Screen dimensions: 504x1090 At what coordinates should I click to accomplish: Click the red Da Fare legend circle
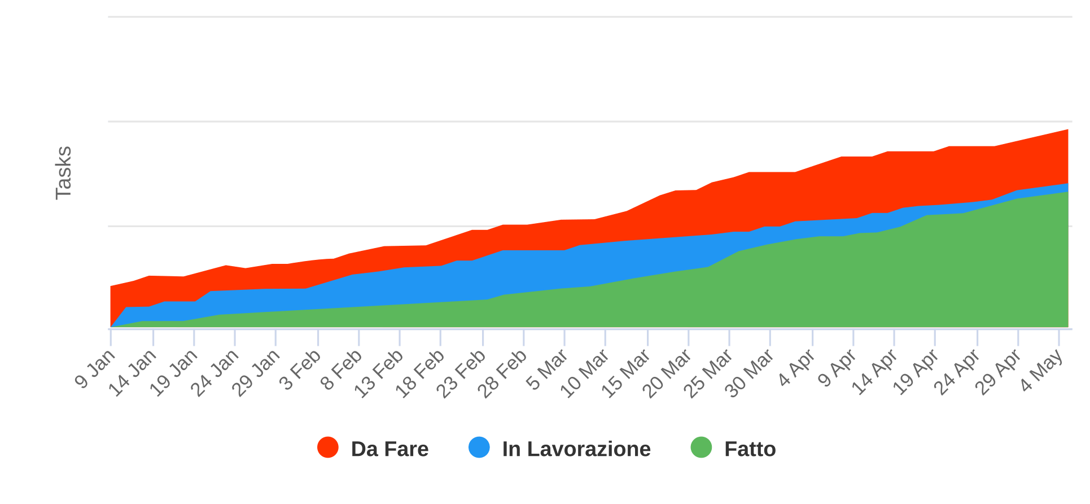click(328, 447)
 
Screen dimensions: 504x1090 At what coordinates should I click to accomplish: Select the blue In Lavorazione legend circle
click(479, 447)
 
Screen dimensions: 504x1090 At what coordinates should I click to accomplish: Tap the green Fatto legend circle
click(701, 447)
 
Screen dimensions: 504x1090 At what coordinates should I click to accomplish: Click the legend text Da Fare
click(389, 449)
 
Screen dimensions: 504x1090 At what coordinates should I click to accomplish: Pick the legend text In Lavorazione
click(576, 449)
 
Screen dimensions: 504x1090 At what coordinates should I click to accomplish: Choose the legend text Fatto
click(750, 449)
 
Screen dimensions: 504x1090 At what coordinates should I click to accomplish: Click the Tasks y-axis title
click(64, 172)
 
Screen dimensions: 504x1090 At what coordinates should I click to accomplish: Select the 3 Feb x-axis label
click(301, 370)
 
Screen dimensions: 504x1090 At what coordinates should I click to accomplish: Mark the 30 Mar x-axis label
click(750, 373)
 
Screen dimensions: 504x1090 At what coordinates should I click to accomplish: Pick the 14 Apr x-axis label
click(874, 372)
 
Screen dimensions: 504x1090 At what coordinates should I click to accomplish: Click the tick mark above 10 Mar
click(605, 338)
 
